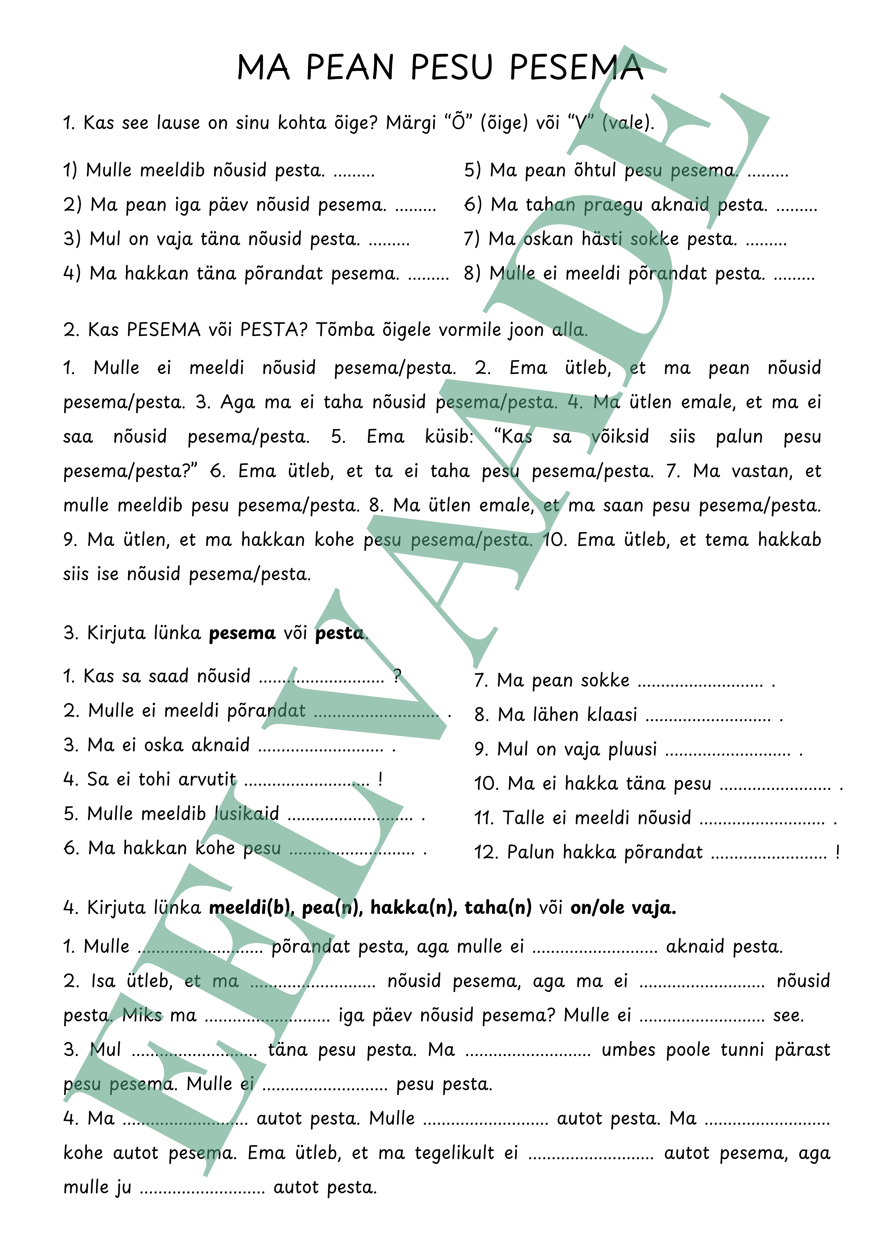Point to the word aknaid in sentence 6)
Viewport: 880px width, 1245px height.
[x=680, y=205]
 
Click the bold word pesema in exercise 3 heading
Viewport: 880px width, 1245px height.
[x=242, y=633]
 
